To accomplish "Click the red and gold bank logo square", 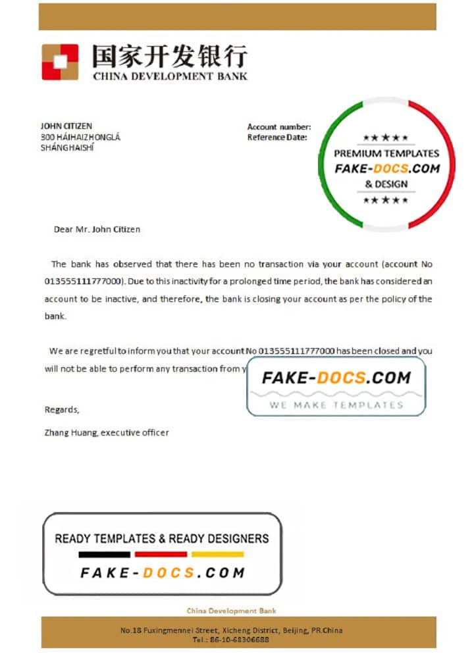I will [x=60, y=62].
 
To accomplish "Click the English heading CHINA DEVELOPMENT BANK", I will [x=170, y=76].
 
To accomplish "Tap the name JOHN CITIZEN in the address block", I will [x=66, y=126].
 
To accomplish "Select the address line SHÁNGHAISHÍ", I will [x=67, y=148].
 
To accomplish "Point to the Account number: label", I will [x=279, y=127].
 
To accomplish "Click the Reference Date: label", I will [x=277, y=138].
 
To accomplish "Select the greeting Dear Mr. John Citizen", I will [x=97, y=230].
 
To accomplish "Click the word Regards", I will [x=61, y=409].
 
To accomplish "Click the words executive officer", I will [x=135, y=432].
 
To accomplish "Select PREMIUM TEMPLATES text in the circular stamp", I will [x=386, y=153].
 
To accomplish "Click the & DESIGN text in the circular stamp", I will [x=386, y=184].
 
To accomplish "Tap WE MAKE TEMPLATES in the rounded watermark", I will [x=336, y=405].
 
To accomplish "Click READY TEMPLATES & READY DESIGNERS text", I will [x=162, y=538].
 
